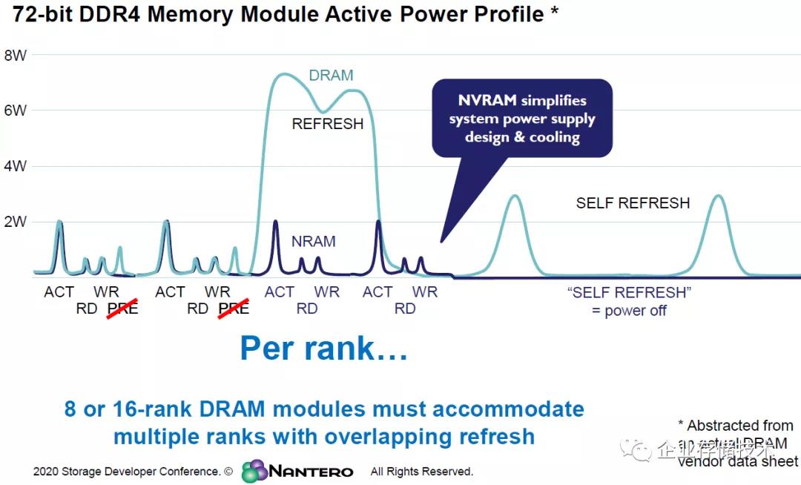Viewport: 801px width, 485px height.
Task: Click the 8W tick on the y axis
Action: tap(16, 54)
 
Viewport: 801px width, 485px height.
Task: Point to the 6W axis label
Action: tap(16, 110)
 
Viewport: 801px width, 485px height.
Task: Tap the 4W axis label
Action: tap(16, 166)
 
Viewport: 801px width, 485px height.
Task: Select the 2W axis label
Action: tap(16, 221)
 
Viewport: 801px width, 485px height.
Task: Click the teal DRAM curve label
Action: tap(331, 76)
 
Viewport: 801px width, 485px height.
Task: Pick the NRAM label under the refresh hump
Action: tap(313, 242)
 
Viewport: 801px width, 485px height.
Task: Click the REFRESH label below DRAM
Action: tap(328, 124)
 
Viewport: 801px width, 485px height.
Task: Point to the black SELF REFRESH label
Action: tap(633, 202)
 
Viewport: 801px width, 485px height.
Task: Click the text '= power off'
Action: tap(629, 311)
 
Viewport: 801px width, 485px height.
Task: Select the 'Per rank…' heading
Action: tap(323, 348)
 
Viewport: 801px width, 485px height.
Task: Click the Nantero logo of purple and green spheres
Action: tap(254, 470)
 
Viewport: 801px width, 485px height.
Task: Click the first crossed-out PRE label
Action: tap(122, 308)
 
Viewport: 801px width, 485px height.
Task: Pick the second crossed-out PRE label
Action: tap(234, 308)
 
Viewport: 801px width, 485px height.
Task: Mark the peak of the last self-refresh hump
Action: tap(717, 196)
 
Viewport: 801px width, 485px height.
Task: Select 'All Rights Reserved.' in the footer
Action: tap(421, 472)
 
